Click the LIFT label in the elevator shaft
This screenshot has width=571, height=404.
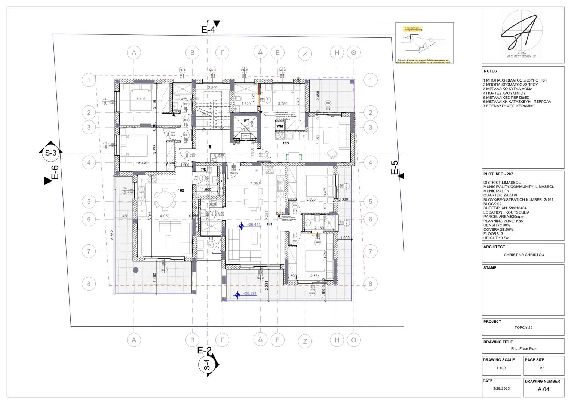245,121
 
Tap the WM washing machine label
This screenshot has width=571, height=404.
279,126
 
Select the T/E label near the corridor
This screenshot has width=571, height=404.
203,169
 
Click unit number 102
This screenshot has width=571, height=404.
181,190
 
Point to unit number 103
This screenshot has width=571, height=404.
286,143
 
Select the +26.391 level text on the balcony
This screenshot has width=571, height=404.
249,294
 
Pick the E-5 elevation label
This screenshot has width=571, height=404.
395,168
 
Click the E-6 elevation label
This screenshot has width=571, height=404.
55,173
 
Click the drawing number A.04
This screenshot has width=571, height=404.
543,389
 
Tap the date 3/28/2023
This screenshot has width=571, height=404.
501,389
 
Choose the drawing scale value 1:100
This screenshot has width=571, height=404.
501,368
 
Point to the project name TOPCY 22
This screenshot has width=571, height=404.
523,328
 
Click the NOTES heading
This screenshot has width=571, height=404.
490,71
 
